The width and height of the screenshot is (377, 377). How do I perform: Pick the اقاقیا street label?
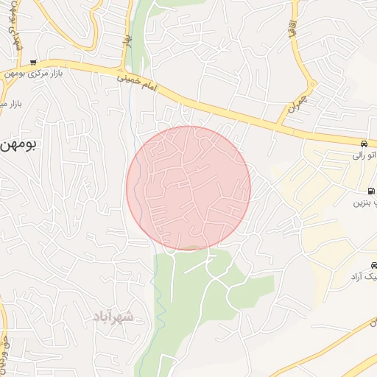point(293,32)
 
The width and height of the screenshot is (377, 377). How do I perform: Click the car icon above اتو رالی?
point(364,143)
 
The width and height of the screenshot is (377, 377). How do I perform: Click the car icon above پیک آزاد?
point(374,266)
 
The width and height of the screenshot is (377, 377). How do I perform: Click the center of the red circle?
point(188,188)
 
